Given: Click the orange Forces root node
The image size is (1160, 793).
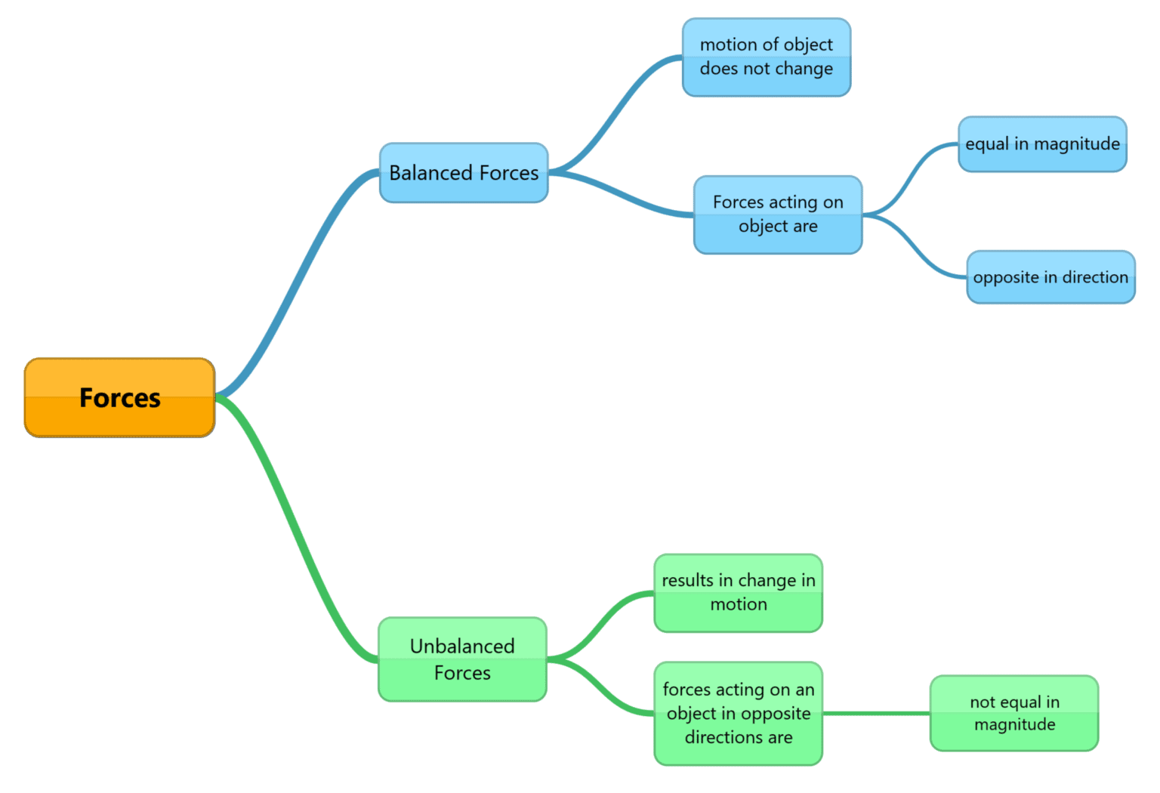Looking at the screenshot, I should (119, 398).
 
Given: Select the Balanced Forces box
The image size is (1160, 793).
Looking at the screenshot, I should (464, 173).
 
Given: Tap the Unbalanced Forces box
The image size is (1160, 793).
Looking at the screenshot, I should (462, 659).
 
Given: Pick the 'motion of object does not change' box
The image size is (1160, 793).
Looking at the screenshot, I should (767, 57).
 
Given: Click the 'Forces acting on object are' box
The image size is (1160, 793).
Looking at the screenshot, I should (778, 214).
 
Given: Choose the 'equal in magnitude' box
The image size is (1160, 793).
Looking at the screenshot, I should (1042, 144).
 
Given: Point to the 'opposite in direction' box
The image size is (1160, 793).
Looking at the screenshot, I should (1050, 277).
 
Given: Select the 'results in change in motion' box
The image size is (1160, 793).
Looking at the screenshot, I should (738, 593).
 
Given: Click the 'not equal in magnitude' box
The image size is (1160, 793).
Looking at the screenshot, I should (1014, 713).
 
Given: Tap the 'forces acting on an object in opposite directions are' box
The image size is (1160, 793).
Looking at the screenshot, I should (738, 713).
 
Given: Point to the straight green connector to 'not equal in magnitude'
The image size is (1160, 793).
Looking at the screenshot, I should (876, 713).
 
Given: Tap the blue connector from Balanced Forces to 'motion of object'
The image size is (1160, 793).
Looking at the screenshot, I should (615, 113).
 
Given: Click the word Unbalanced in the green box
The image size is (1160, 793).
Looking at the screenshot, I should (462, 646).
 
